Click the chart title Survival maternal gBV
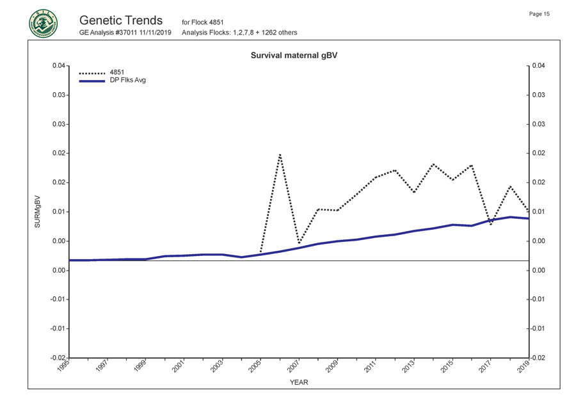[294, 56]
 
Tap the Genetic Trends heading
[122, 20]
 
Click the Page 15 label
[540, 14]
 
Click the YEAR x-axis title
[299, 382]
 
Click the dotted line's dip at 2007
[299, 244]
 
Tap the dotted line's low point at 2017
[491, 225]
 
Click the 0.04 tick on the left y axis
[58, 65]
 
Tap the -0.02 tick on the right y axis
[539, 357]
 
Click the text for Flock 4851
[202, 22]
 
